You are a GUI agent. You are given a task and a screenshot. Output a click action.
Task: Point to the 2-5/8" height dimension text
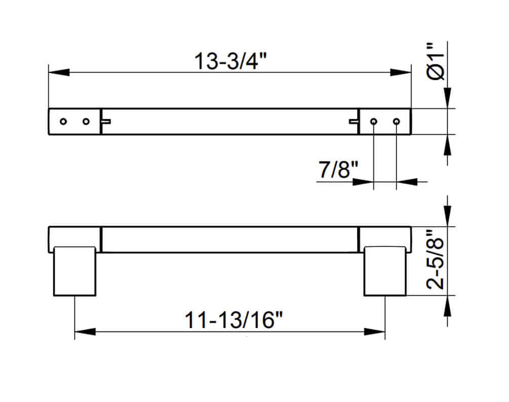(x=436, y=260)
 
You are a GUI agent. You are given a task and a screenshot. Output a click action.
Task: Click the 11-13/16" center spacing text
(x=233, y=320)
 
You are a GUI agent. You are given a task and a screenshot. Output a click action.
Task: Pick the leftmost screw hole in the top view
(x=63, y=122)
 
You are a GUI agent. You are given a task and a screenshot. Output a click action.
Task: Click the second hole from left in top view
(x=86, y=122)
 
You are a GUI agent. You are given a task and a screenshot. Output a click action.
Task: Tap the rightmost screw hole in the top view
(x=397, y=122)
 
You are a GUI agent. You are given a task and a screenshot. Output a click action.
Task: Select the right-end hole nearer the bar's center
(x=374, y=122)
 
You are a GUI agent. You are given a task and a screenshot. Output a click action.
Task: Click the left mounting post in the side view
(x=74, y=271)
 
